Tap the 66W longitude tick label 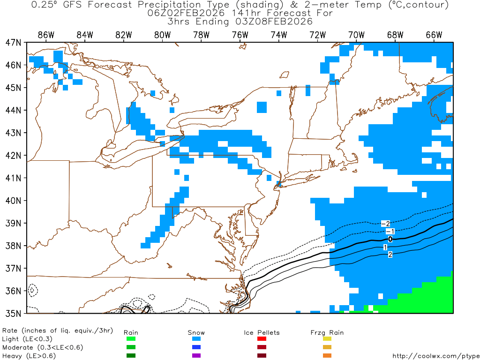[x=434, y=35]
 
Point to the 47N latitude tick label [x=13, y=42]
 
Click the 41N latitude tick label [x=13, y=178]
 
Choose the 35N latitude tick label [x=13, y=313]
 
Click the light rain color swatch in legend [x=131, y=339]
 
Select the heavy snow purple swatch [x=196, y=356]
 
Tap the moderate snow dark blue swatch [x=196, y=347]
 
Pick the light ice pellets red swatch [x=262, y=339]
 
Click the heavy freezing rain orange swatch [x=327, y=356]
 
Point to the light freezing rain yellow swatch [x=327, y=339]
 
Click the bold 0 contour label [x=390, y=239]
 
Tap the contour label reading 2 [x=390, y=255]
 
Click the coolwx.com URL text [x=435, y=356]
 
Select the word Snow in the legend [x=196, y=333]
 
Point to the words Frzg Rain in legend [x=327, y=333]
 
